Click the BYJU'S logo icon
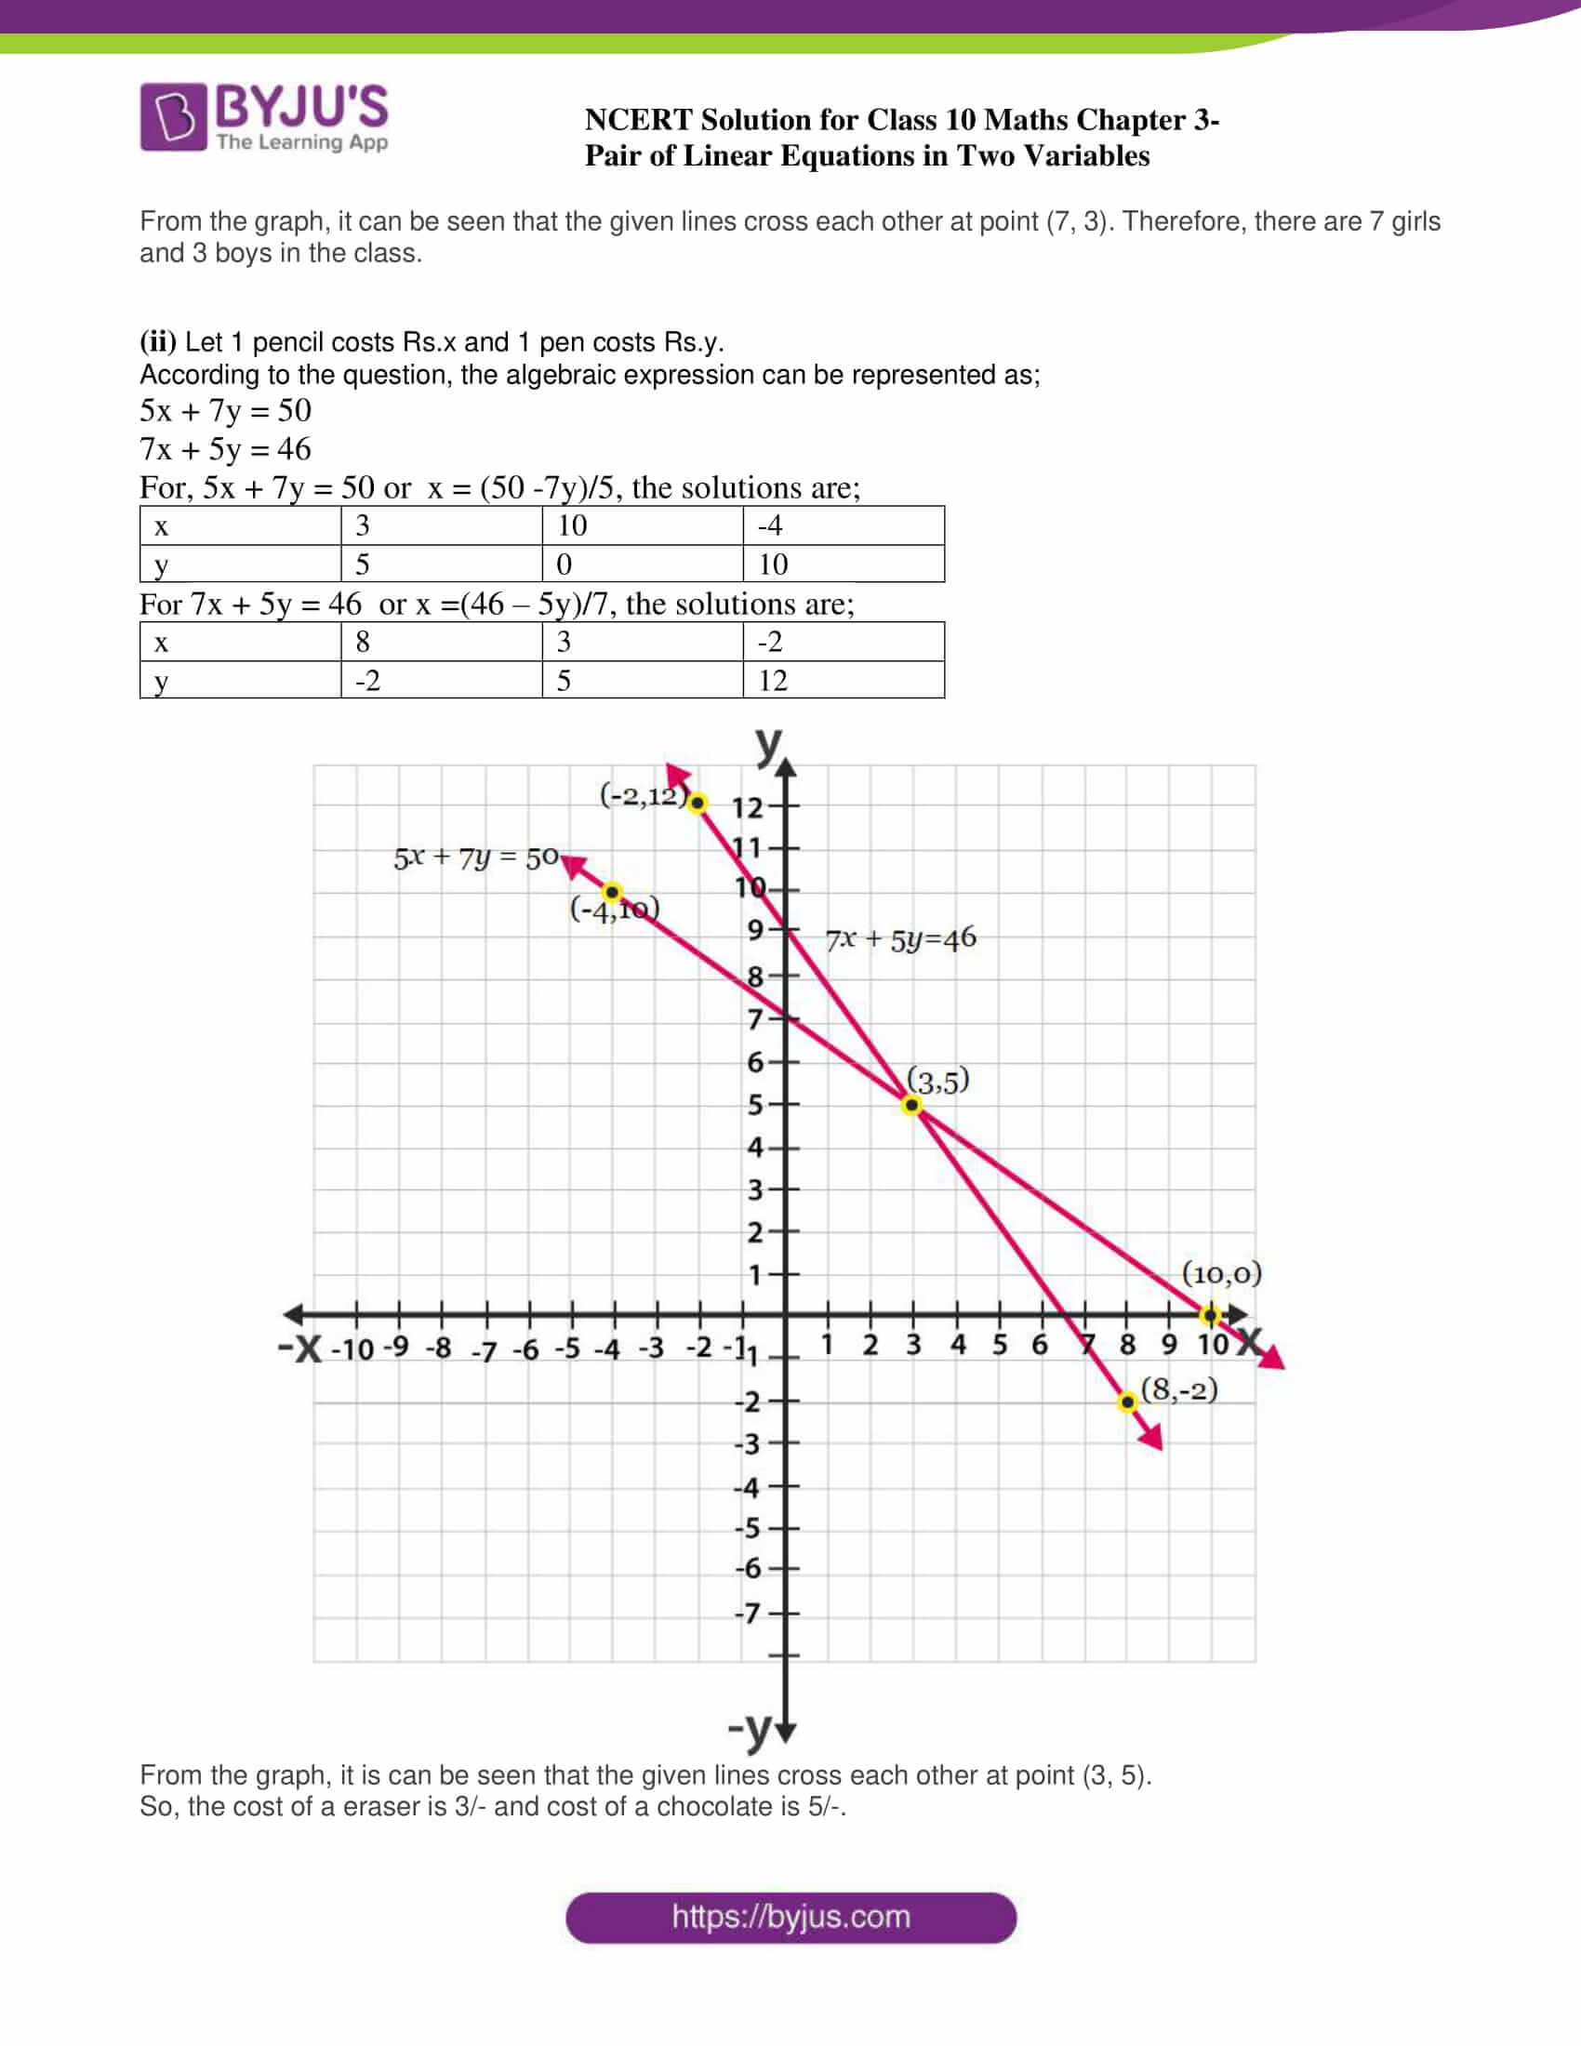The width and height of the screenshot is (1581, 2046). (x=173, y=116)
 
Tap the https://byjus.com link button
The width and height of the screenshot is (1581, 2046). (x=790, y=1917)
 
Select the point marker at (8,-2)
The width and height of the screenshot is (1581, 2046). (x=1128, y=1402)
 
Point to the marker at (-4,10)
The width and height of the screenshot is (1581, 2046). (x=612, y=892)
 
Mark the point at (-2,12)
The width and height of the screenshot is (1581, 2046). (x=697, y=803)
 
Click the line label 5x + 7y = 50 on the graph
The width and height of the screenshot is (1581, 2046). (x=476, y=857)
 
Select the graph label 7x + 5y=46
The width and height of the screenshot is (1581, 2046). (x=900, y=938)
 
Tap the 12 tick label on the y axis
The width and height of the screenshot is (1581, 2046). (x=748, y=806)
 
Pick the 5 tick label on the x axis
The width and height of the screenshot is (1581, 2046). (x=1000, y=1346)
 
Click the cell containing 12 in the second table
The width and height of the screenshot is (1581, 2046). (x=843, y=680)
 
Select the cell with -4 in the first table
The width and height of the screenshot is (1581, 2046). (x=843, y=525)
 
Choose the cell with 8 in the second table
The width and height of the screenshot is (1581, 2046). (x=441, y=642)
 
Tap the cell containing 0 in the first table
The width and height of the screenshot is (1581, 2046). (x=642, y=564)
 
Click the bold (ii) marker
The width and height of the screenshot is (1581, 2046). (x=157, y=342)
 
